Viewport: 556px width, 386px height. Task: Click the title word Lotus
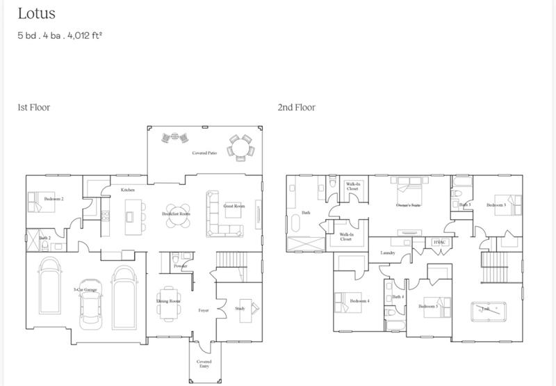36,13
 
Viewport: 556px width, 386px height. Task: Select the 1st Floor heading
33,107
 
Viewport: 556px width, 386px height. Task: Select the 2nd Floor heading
296,107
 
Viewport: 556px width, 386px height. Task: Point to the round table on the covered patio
240,147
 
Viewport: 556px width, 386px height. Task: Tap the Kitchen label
127,189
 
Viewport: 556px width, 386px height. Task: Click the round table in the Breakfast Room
177,214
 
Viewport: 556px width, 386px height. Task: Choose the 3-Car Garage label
85,289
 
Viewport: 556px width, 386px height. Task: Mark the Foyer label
204,310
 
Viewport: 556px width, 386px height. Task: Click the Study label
240,308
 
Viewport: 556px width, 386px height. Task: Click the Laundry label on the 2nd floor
387,252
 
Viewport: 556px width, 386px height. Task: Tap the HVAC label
439,242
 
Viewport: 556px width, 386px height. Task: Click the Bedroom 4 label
359,300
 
